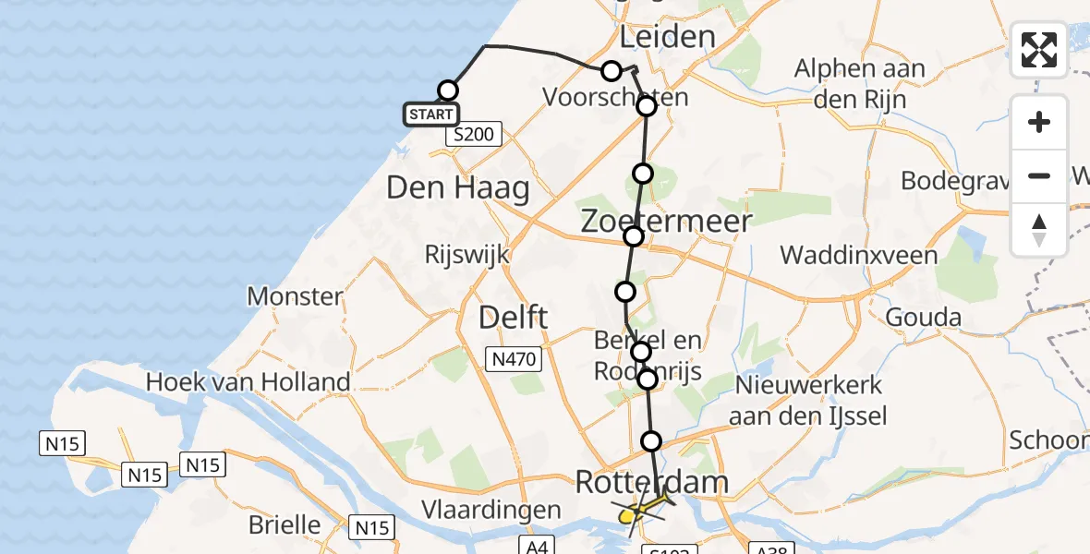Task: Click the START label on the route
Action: [x=430, y=114]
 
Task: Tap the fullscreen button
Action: [x=1039, y=50]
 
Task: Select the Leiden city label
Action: [x=667, y=37]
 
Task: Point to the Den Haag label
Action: [x=458, y=188]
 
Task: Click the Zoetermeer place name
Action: [x=666, y=220]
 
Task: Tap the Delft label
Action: [x=514, y=319]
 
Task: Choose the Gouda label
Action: [x=923, y=318]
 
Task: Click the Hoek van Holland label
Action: [x=248, y=381]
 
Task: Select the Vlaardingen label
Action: [x=490, y=510]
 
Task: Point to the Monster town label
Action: [x=295, y=296]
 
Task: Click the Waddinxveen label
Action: [x=858, y=255]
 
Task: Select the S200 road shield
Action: [x=473, y=136]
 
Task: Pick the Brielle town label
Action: [x=285, y=525]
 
